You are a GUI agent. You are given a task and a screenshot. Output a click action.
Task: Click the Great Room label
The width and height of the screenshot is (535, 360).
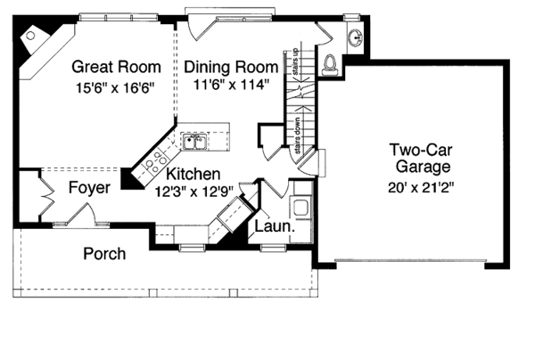point(116,67)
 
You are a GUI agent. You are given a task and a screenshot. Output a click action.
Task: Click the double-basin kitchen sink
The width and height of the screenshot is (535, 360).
point(193,141)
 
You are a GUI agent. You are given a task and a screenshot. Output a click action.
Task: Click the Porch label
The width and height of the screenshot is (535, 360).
point(104,254)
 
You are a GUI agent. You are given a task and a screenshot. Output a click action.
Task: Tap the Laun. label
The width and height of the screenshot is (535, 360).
point(276,227)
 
